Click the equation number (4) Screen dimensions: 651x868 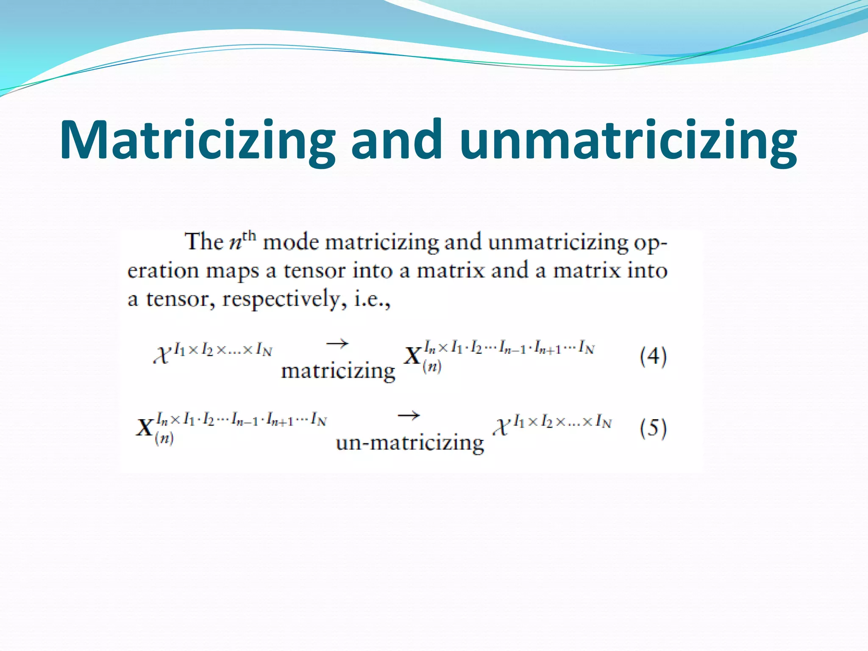(653, 356)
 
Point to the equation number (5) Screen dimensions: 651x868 (653, 428)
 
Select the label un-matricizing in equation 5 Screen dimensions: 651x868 (409, 443)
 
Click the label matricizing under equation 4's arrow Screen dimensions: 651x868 (338, 371)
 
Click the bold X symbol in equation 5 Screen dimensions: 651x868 (145, 427)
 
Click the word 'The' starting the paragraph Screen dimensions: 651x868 (203, 242)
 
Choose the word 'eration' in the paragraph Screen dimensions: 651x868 (163, 270)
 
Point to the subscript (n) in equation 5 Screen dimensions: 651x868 (164, 439)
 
